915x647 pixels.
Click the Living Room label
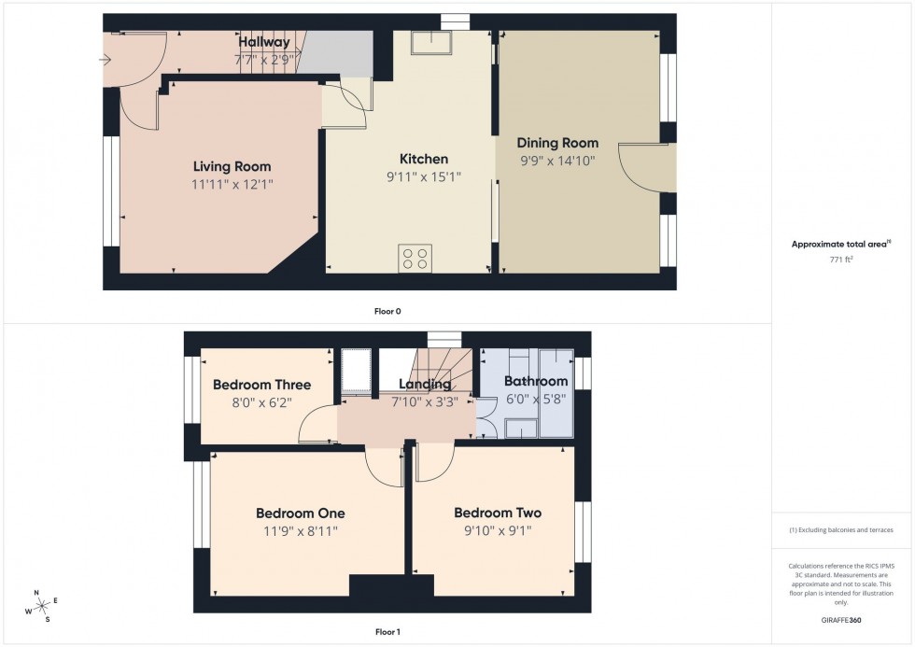tap(232, 166)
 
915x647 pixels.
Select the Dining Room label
tap(557, 143)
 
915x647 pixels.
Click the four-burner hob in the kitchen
tap(415, 258)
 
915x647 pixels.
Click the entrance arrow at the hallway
tap(106, 61)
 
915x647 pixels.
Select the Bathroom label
tap(536, 381)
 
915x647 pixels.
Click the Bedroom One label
tap(300, 513)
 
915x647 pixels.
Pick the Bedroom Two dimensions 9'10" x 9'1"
tap(498, 530)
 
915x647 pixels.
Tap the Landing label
tap(425, 384)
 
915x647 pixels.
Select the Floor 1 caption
tap(387, 632)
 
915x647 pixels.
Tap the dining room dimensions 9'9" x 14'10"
tap(557, 161)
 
